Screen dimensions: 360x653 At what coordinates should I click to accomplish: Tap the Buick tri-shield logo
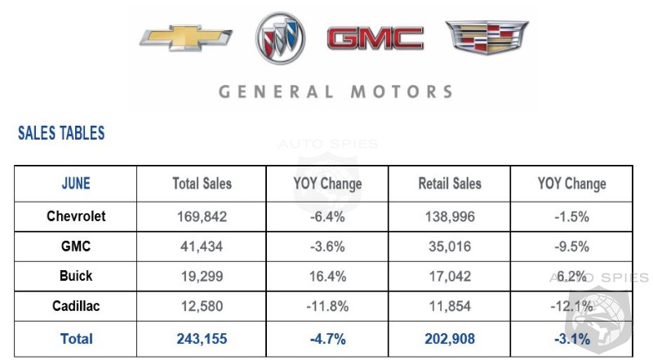click(280, 39)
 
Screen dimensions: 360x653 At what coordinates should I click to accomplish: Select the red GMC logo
click(375, 38)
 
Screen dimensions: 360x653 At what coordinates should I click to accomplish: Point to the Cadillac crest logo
click(486, 37)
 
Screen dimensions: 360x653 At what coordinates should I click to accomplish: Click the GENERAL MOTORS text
click(335, 91)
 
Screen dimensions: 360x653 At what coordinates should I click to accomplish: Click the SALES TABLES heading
click(61, 133)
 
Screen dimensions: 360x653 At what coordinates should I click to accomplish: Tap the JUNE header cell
click(76, 184)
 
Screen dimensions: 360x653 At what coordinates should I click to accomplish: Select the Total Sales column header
click(202, 184)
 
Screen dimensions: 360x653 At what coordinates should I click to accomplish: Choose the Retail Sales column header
click(450, 184)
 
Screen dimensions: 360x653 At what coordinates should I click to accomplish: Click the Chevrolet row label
click(76, 216)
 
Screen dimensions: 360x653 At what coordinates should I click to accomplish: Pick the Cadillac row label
click(76, 307)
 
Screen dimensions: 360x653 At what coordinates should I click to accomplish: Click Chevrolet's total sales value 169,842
click(202, 217)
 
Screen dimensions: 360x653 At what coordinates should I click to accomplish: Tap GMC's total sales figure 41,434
click(202, 247)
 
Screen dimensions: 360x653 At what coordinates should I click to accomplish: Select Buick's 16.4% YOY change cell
click(326, 278)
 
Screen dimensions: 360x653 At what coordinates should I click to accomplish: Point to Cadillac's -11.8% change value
click(326, 308)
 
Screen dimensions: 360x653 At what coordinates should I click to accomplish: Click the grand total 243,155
click(202, 339)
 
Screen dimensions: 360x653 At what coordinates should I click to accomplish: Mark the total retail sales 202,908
click(450, 339)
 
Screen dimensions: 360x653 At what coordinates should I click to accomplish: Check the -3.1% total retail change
click(571, 339)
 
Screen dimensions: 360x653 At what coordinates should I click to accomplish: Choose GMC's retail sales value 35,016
click(450, 247)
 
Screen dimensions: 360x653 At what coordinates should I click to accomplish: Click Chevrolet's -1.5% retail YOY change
click(571, 217)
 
